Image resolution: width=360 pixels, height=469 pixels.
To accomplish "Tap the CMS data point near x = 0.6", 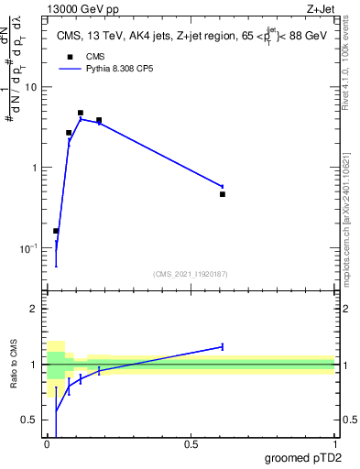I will pyautogui.click(x=223, y=194).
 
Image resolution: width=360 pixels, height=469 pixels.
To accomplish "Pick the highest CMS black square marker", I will pyautogui.click(x=81, y=113).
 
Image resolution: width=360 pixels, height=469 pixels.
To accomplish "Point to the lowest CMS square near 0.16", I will pyautogui.click(x=56, y=231).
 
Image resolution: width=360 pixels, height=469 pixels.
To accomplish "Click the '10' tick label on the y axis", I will pyautogui.click(x=32, y=87).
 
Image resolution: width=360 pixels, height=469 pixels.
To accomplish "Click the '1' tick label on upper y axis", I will pyautogui.click(x=35, y=168).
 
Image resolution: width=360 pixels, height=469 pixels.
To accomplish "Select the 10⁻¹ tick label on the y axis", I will pyautogui.click(x=30, y=248).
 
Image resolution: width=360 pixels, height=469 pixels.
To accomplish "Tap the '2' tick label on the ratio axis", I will pyautogui.click(x=35, y=309).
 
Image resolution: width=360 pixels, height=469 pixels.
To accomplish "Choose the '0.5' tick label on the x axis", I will pyautogui.click(x=191, y=445).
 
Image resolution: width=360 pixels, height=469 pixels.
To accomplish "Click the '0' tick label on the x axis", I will pyautogui.click(x=47, y=445).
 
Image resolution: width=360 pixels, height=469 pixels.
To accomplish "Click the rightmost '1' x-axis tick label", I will pyautogui.click(x=334, y=445).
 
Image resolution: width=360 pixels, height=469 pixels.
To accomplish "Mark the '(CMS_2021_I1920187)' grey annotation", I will pyautogui.click(x=191, y=274).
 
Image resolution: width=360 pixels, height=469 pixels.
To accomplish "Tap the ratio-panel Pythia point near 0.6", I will pyautogui.click(x=223, y=346).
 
